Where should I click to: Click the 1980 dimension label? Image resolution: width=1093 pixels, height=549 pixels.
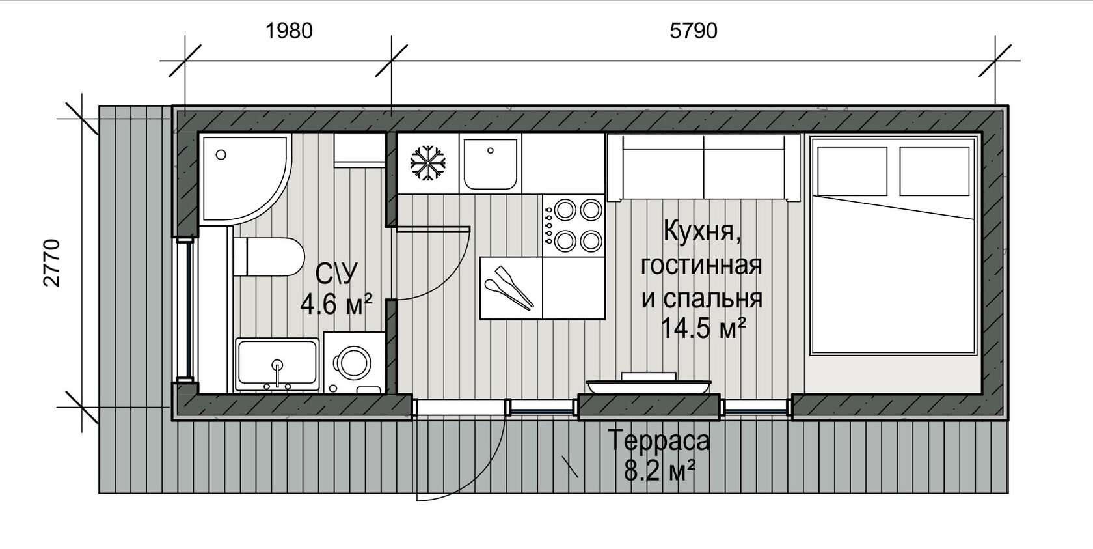pyautogui.click(x=289, y=31)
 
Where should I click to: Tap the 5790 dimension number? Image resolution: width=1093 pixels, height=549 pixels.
pyautogui.click(x=694, y=31)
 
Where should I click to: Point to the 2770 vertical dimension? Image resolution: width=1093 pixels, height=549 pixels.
pyautogui.click(x=52, y=263)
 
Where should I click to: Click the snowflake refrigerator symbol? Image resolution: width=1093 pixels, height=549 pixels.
pyautogui.click(x=428, y=163)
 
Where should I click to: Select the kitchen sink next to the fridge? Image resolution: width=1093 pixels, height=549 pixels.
pyautogui.click(x=491, y=163)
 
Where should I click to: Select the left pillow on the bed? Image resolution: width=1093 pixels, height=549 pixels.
pyautogui.click(x=852, y=171)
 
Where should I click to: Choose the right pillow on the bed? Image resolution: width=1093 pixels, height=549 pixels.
pyautogui.click(x=934, y=171)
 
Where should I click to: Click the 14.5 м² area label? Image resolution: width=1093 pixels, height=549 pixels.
pyautogui.click(x=703, y=328)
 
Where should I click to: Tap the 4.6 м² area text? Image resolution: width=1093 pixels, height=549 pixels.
pyautogui.click(x=336, y=305)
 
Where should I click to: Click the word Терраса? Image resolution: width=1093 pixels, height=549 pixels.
pyautogui.click(x=660, y=440)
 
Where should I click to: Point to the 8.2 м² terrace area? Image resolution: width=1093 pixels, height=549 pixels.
pyautogui.click(x=660, y=472)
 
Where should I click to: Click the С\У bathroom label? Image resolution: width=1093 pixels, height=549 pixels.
pyautogui.click(x=337, y=274)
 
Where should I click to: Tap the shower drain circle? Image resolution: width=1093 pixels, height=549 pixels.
pyautogui.click(x=221, y=155)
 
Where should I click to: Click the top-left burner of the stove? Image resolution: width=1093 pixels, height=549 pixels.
pyautogui.click(x=565, y=210)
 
